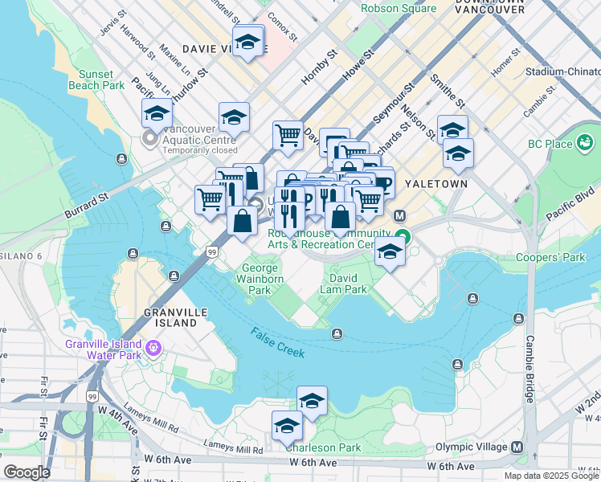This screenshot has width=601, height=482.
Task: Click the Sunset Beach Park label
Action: (x=102, y=80)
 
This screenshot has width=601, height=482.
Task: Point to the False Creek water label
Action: (x=277, y=344)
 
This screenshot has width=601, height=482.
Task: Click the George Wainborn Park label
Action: (x=260, y=279)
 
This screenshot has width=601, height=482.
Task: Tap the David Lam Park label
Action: (x=343, y=284)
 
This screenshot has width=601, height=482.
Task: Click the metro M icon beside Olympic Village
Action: (x=517, y=447)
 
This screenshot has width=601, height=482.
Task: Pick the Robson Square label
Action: (x=399, y=9)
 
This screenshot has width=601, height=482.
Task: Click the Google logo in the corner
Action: (x=26, y=472)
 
